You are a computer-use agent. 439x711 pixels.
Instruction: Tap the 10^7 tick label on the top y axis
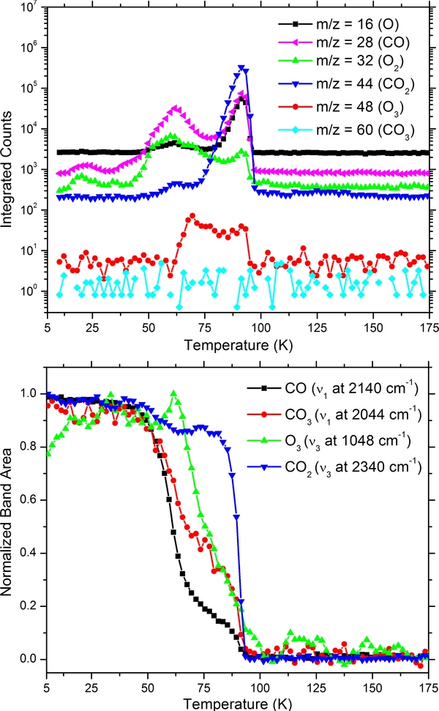[x=31, y=8]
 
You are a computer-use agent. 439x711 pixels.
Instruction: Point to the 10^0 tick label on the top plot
[x=31, y=291]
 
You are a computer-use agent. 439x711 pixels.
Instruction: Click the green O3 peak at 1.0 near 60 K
[x=173, y=393]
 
